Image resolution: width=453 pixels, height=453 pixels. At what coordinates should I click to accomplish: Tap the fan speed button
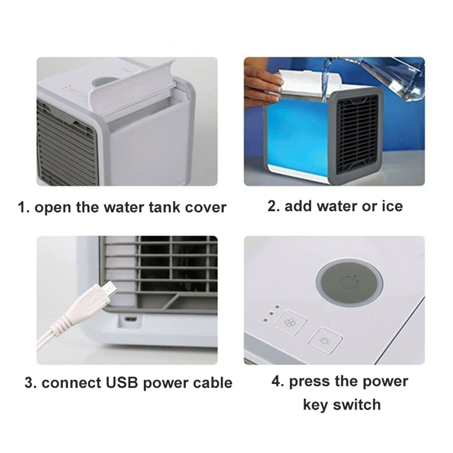pos(290,323)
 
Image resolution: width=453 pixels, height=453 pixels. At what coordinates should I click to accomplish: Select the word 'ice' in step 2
pos(392,206)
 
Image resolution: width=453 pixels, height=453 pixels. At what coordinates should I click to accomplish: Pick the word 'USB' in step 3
pos(122,383)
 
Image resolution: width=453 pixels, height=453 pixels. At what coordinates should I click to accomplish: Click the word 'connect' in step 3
pos(71,383)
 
